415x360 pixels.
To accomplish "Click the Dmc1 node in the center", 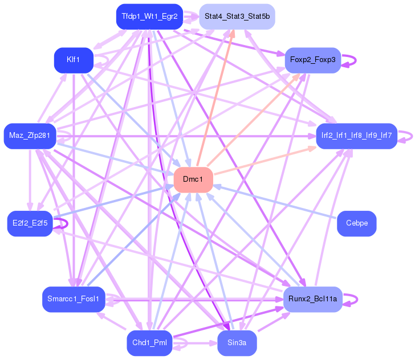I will (x=193, y=179).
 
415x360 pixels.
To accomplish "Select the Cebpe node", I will (x=357, y=223).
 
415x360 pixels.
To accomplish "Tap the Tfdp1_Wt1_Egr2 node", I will (x=149, y=17).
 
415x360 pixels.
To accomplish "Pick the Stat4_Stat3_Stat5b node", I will (x=237, y=17).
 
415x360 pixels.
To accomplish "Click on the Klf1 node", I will (x=74, y=60).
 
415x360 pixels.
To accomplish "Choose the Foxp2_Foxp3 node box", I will (x=312, y=60).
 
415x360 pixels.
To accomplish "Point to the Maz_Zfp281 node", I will (x=30, y=136).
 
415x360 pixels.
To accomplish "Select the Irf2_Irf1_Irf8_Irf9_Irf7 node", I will (x=356, y=136).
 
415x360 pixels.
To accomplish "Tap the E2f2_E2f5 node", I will (x=30, y=223).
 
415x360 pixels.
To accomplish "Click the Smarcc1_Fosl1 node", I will (x=74, y=298).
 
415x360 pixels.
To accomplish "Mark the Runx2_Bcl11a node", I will (x=312, y=298).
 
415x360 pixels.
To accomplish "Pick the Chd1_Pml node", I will (x=149, y=343).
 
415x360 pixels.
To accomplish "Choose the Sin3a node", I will (x=237, y=343).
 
